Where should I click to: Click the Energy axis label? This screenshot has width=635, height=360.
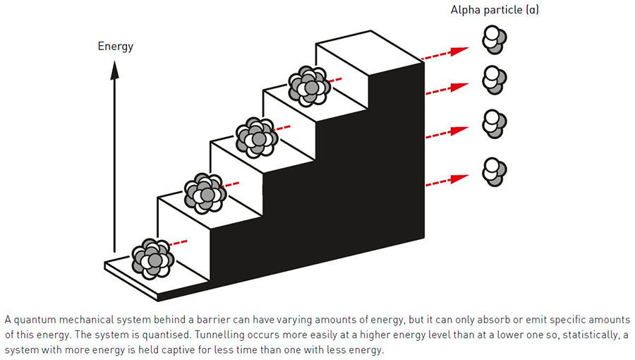[116, 47]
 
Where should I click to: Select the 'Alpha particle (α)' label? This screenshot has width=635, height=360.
[490, 11]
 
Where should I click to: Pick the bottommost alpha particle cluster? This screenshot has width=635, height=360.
[494, 171]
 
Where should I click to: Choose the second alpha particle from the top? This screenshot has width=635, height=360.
[494, 79]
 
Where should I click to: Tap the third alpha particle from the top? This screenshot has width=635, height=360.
[494, 124]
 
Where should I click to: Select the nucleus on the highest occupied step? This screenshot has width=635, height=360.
[308, 85]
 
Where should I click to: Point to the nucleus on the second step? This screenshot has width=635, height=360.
[205, 192]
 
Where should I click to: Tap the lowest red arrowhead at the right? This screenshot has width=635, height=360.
[461, 174]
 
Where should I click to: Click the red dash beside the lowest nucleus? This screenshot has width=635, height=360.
[182, 243]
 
